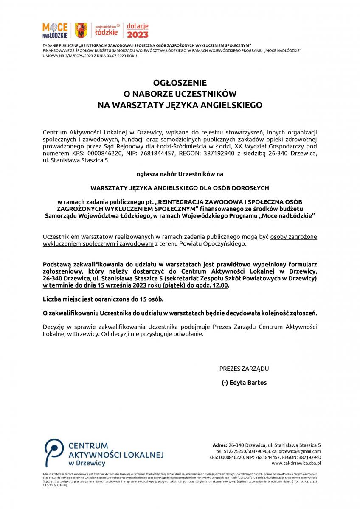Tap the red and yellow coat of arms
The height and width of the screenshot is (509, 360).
point(80,31)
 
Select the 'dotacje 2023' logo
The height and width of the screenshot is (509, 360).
point(138,31)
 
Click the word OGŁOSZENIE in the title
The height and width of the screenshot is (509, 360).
point(180,83)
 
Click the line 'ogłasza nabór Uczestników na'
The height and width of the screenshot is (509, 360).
point(180,174)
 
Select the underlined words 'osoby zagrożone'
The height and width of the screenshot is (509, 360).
point(293,237)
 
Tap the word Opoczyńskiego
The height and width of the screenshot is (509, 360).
point(225,244)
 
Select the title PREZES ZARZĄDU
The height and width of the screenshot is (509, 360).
point(244,369)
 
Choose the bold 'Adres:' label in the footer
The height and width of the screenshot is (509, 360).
point(219,445)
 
